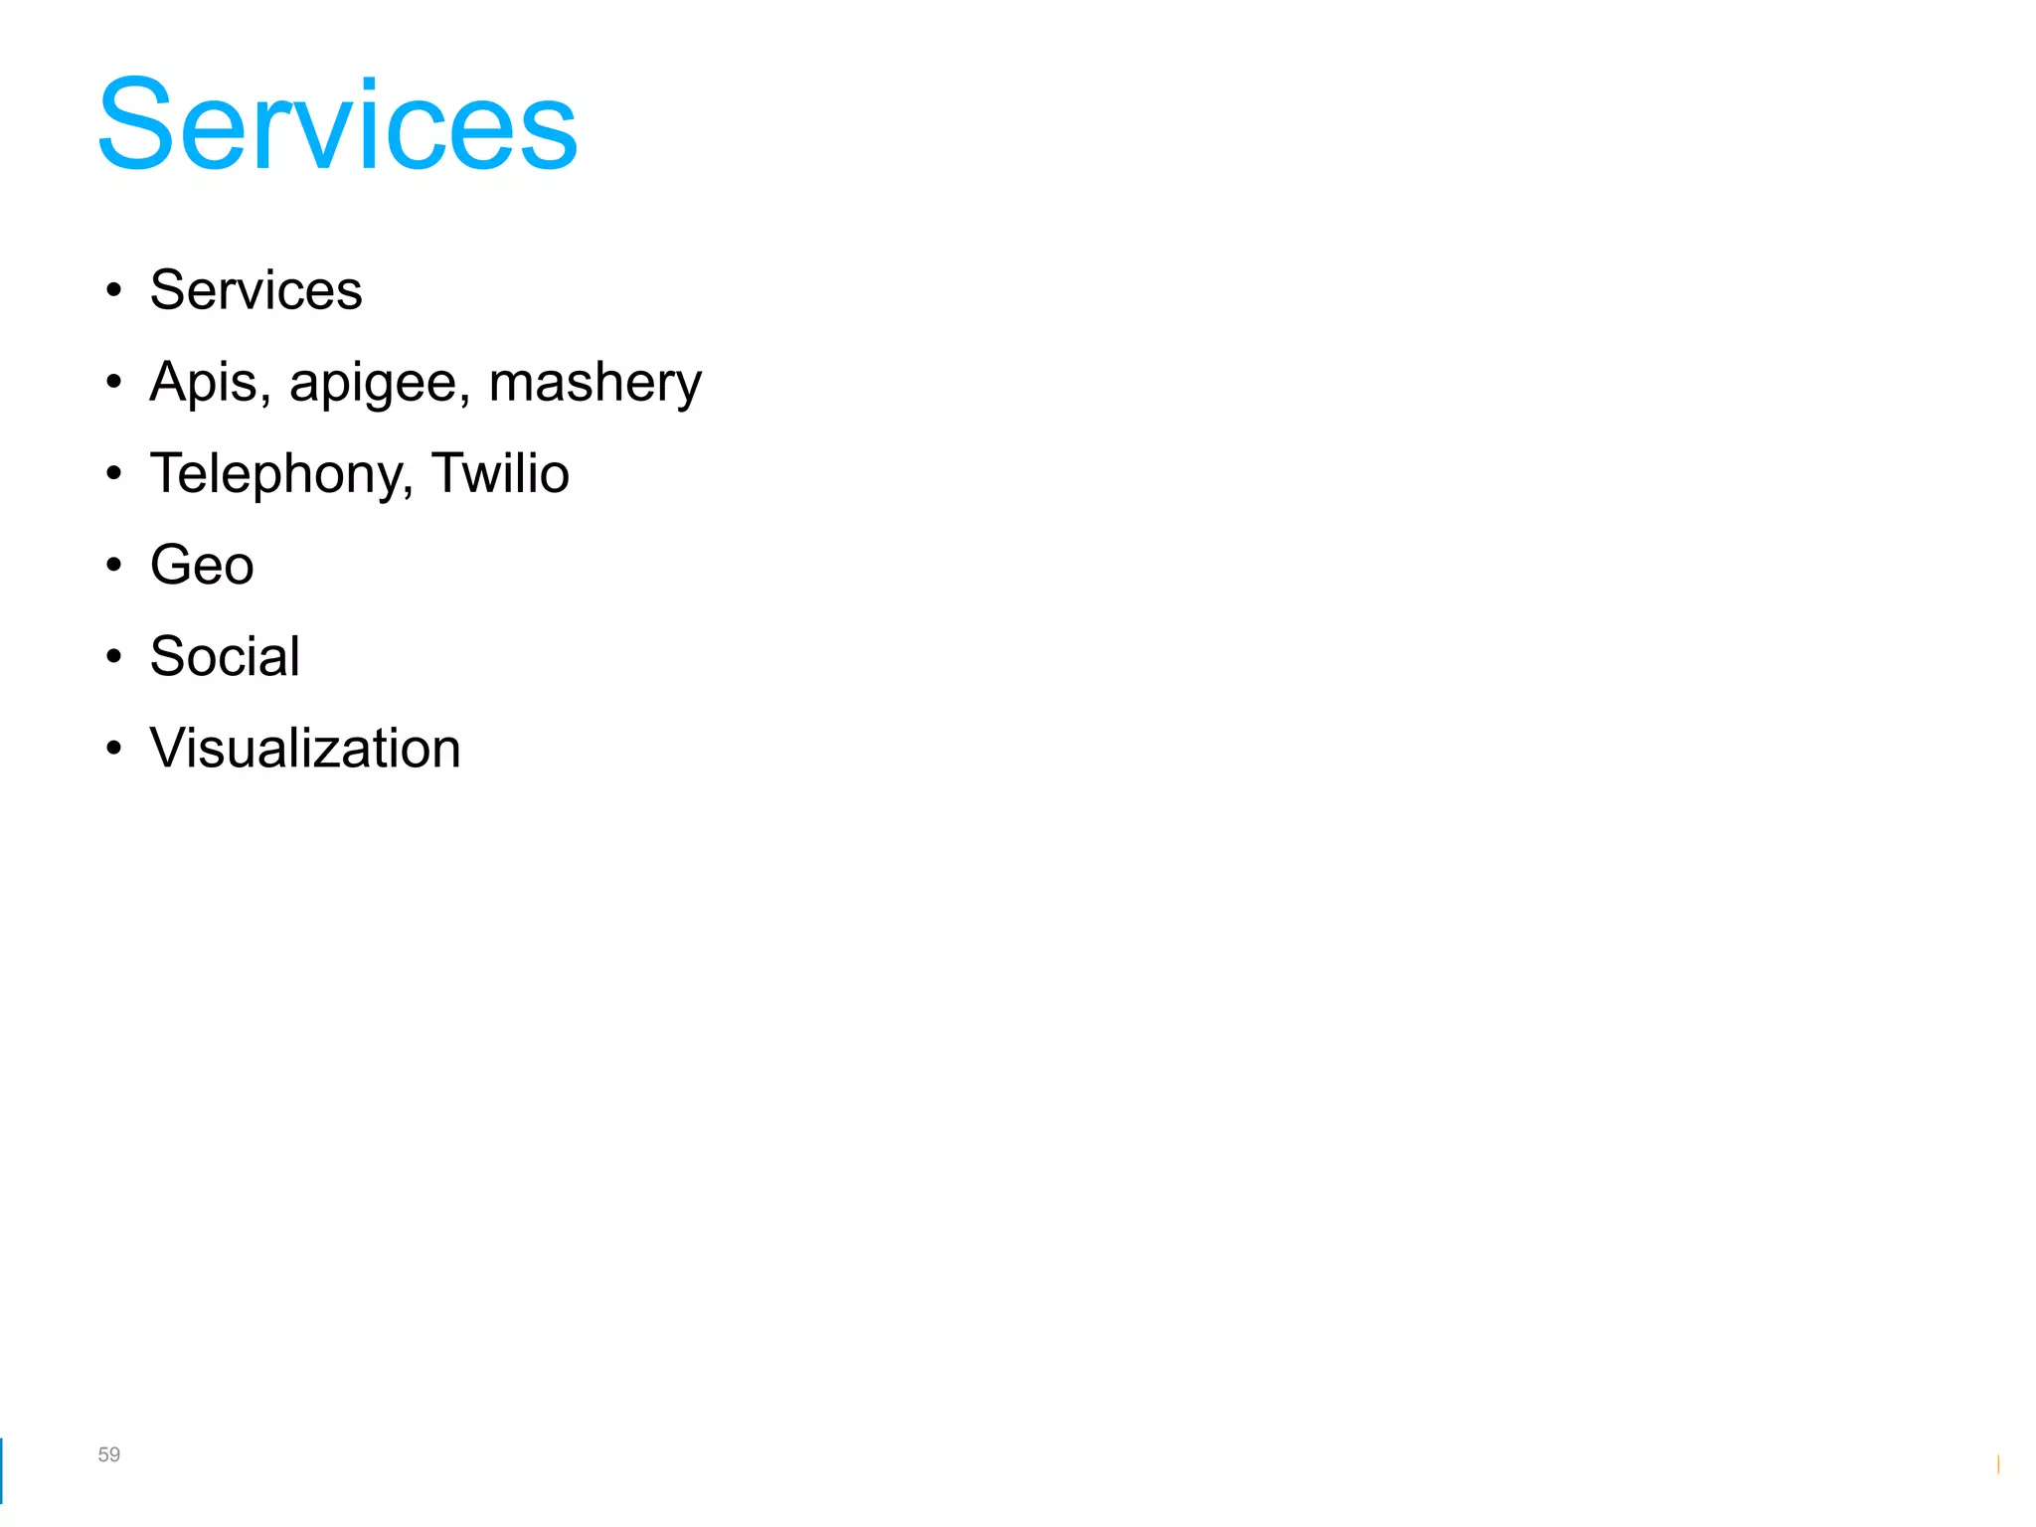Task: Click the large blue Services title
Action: point(337,125)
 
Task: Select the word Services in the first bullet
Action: point(255,290)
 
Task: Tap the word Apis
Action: point(204,382)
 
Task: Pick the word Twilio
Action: point(500,473)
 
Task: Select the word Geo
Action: point(202,565)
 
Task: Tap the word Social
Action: point(225,656)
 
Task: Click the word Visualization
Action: point(305,748)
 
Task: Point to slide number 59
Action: point(108,1454)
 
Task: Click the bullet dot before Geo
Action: point(114,565)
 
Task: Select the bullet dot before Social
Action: point(114,656)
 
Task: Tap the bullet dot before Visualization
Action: point(114,748)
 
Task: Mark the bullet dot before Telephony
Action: point(114,474)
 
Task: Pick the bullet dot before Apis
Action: point(114,382)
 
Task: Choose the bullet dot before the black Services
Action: point(114,290)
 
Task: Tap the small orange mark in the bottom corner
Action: point(1997,1464)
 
